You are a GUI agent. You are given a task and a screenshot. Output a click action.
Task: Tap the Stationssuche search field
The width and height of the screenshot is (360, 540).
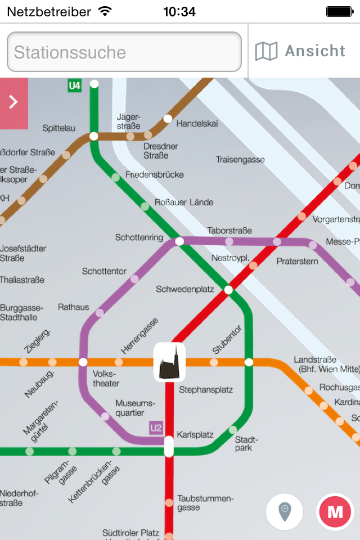click(x=124, y=52)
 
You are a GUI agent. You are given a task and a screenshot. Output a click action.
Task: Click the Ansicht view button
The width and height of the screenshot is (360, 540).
click(x=304, y=51)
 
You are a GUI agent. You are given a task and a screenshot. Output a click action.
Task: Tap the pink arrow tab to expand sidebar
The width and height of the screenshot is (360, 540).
click(x=13, y=102)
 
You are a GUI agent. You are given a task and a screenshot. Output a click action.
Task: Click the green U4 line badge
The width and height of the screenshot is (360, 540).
click(x=74, y=86)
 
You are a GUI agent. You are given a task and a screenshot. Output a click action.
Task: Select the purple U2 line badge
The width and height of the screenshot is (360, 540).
click(x=156, y=428)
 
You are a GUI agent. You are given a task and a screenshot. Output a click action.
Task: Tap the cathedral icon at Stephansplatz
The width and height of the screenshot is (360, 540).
click(x=169, y=362)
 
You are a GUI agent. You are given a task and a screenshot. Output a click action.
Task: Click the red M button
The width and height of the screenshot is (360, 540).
click(x=335, y=512)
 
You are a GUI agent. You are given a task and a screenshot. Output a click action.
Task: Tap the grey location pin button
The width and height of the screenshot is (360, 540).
click(x=285, y=512)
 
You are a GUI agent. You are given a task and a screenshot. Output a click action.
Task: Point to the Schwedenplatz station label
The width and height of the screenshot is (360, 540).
click(x=185, y=289)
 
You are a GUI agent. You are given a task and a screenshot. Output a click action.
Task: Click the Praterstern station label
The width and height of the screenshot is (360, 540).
click(x=297, y=262)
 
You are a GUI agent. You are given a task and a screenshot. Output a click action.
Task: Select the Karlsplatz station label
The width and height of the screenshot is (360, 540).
click(x=195, y=435)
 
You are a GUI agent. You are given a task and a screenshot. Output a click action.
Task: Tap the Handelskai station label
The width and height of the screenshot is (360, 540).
click(x=197, y=123)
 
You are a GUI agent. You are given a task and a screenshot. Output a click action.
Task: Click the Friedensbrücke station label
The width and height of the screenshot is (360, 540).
click(x=155, y=174)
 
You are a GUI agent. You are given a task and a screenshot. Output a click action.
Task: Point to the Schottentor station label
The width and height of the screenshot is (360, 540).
click(x=104, y=271)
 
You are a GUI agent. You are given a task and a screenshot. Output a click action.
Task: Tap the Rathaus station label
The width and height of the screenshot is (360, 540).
click(x=73, y=307)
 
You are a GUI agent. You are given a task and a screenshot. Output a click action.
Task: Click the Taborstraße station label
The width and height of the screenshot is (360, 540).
click(x=229, y=231)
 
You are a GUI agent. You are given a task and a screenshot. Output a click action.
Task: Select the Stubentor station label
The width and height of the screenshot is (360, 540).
click(x=227, y=339)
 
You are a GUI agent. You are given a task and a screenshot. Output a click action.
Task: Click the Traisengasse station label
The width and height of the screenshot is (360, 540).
click(x=240, y=160)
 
